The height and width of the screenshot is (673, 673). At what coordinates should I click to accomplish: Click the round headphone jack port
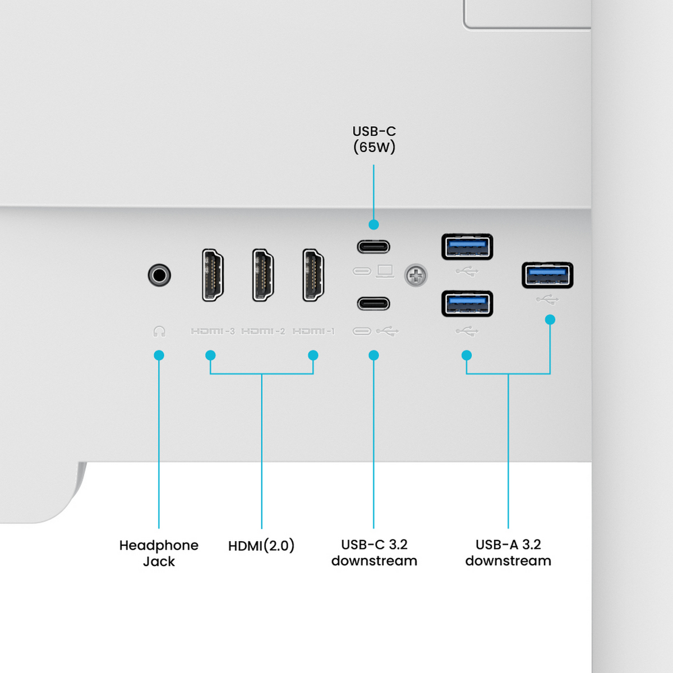coord(159,275)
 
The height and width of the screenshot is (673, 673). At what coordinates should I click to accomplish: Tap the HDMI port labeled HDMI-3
coord(213,275)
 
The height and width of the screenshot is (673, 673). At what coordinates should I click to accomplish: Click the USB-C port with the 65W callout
coord(374,247)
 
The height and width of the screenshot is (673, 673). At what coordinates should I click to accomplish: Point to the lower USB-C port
coord(374,303)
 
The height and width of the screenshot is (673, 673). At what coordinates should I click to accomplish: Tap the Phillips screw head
coord(416,275)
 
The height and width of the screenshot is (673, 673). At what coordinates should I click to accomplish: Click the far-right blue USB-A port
coord(547,275)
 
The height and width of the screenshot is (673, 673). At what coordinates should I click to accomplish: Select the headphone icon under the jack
coord(159,331)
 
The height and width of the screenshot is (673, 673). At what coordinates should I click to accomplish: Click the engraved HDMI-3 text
coord(213,331)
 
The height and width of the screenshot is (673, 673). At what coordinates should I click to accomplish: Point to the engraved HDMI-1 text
coord(314,331)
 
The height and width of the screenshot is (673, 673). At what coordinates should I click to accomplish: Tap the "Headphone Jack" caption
coord(159,553)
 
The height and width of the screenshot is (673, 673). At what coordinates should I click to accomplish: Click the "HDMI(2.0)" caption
coord(261,546)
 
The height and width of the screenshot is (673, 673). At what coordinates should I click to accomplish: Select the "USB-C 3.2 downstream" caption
coord(374,552)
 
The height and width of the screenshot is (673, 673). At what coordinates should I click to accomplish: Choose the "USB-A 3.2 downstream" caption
coord(508,552)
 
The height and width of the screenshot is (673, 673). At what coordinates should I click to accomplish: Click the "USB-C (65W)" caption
coord(374,139)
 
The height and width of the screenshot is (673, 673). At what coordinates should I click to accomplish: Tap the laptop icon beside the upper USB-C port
coord(385,271)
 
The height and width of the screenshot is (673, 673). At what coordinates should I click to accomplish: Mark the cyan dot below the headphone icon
coord(159,355)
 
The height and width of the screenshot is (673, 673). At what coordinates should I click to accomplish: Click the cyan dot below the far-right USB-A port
coord(550,320)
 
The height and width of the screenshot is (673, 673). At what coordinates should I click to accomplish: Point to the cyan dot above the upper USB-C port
coord(374,224)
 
